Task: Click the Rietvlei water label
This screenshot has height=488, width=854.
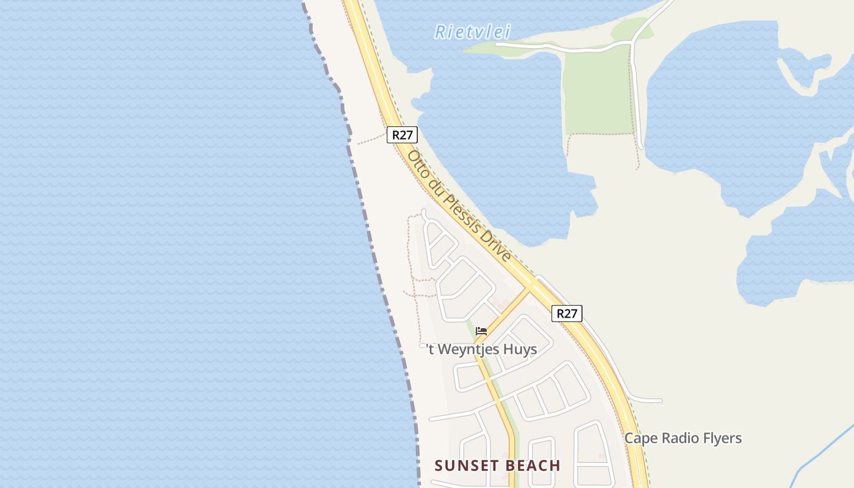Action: [x=472, y=32]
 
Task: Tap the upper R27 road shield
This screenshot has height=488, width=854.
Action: [x=402, y=135]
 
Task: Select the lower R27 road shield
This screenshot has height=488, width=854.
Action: [x=567, y=314]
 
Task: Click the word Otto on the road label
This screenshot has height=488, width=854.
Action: [x=417, y=162]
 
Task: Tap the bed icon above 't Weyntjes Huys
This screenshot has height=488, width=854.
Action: [x=481, y=331]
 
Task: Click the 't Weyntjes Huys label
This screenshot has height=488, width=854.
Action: [x=481, y=350]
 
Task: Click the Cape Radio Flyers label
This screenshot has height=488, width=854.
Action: [x=683, y=438]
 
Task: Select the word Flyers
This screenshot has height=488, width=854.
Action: [x=722, y=438]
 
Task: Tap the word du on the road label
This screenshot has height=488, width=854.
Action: [x=432, y=181]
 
